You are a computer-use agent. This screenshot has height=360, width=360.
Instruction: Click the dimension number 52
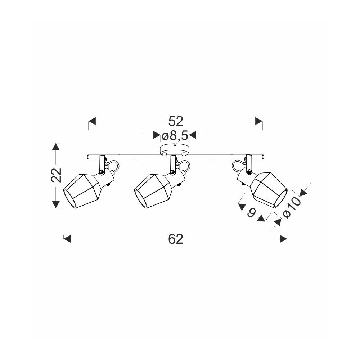(176, 121)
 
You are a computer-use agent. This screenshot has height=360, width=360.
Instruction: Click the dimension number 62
(176, 239)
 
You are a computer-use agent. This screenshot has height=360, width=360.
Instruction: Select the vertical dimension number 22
(57, 175)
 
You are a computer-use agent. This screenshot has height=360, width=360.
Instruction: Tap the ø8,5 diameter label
(175, 136)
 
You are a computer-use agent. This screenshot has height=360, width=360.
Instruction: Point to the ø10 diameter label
(292, 208)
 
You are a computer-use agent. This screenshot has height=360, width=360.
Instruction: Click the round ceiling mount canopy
(175, 149)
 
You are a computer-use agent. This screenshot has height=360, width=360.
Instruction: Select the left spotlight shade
(82, 192)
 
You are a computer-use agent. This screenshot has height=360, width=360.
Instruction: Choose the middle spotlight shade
(153, 192)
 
